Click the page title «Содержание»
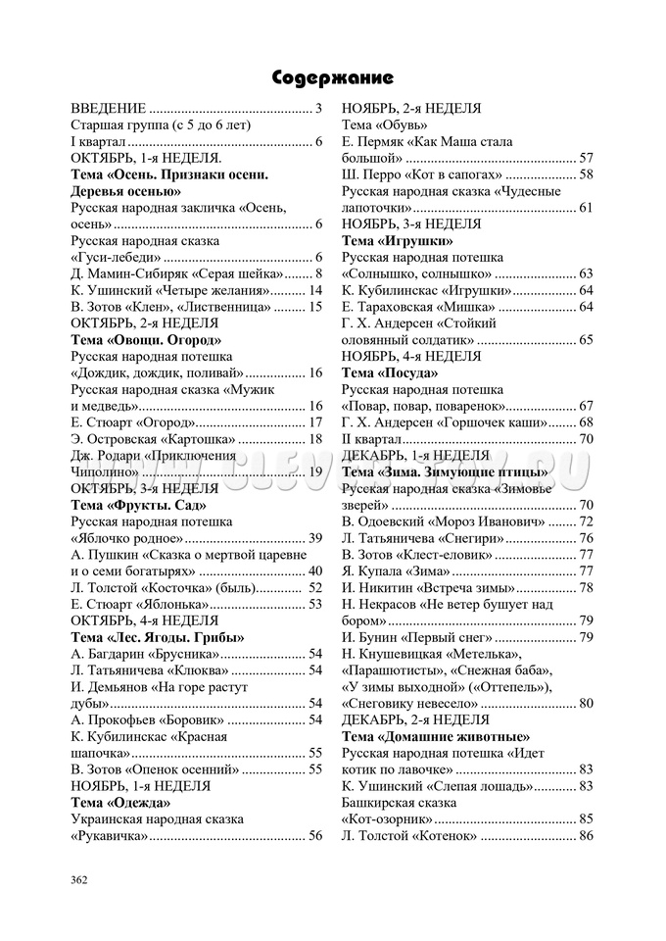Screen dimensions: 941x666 (x=332, y=77)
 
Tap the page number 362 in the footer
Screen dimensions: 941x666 (x=79, y=879)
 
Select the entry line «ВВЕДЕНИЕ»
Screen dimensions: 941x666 (x=196, y=109)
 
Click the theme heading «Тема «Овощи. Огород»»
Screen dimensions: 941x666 (x=146, y=339)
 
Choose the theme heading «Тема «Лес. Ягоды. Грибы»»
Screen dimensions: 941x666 (x=158, y=637)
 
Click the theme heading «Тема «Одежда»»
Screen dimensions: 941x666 (x=119, y=802)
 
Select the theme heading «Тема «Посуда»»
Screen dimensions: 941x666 (x=389, y=372)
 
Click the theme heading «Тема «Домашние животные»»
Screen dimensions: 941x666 (x=436, y=736)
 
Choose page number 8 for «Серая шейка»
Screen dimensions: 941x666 (x=319, y=273)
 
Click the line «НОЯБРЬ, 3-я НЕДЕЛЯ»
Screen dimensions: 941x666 (x=411, y=223)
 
